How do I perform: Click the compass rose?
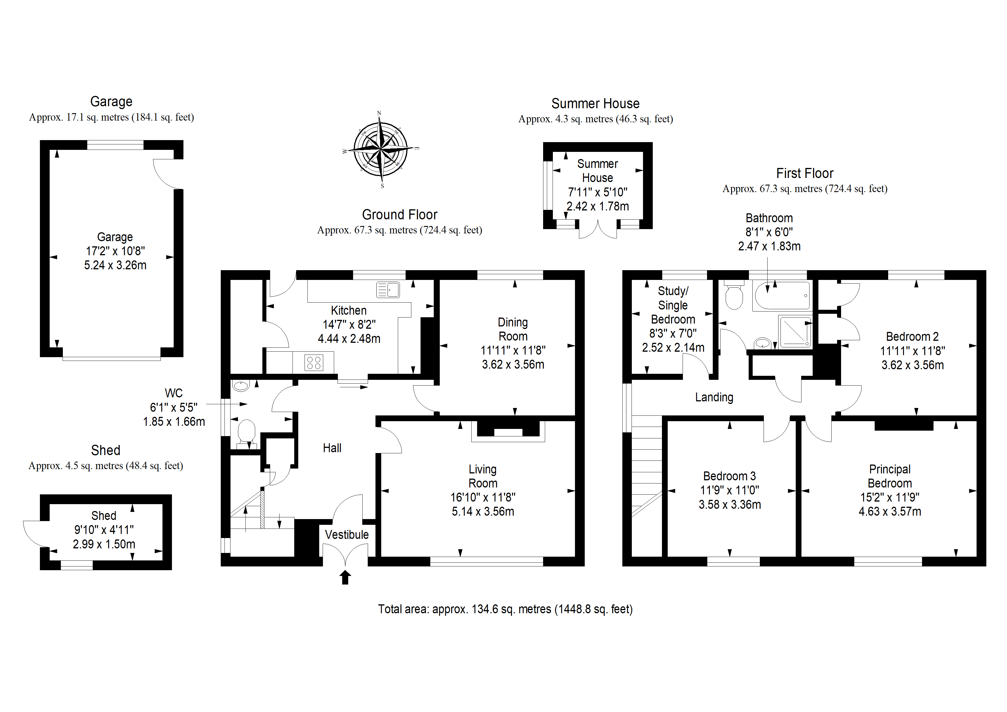click(381, 149)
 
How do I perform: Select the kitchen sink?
click(388, 290)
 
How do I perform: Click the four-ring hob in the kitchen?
click(313, 363)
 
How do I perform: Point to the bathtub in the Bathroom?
click(782, 296)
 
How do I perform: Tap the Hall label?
click(332, 448)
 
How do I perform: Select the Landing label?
click(714, 397)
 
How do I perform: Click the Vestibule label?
click(346, 535)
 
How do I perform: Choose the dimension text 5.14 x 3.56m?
click(483, 512)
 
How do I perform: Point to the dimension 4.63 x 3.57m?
click(890, 512)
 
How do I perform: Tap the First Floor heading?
click(805, 173)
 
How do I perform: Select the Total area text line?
click(505, 609)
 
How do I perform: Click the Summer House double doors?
click(598, 229)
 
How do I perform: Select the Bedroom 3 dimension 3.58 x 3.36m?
click(730, 504)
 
